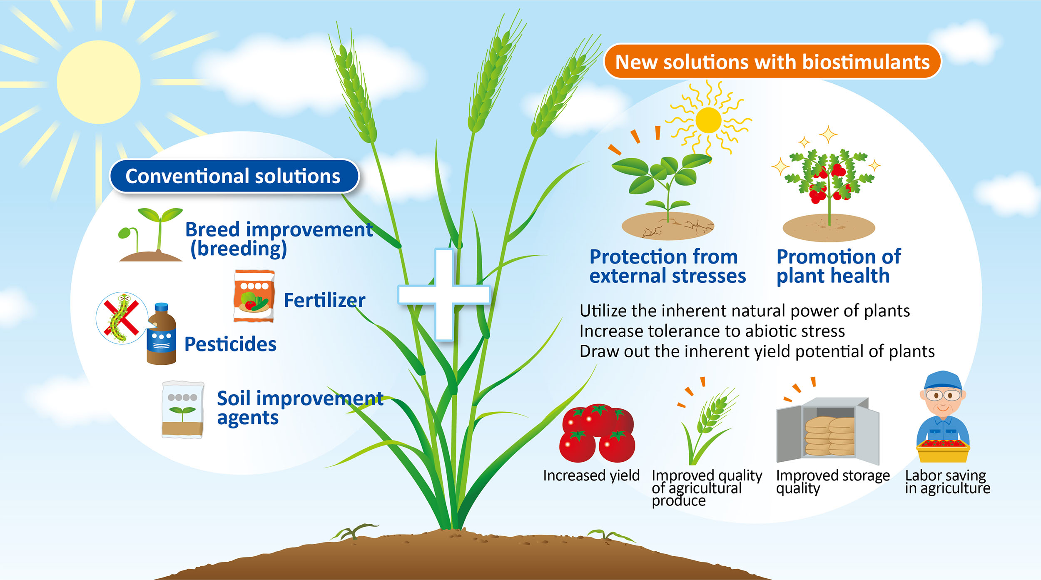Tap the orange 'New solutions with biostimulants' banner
(772, 62)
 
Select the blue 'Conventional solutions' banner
(234, 176)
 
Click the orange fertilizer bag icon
(254, 296)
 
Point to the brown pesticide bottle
(162, 334)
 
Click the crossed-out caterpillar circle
(122, 318)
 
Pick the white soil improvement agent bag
(183, 410)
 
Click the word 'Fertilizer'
(324, 300)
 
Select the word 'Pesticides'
(230, 344)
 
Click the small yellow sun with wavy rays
(708, 120)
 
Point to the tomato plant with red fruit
(828, 183)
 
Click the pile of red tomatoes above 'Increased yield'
(598, 433)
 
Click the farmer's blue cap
(943, 381)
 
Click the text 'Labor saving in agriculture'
(947, 482)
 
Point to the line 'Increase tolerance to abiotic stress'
(712, 331)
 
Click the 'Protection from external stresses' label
(667, 266)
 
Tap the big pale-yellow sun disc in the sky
(99, 82)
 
